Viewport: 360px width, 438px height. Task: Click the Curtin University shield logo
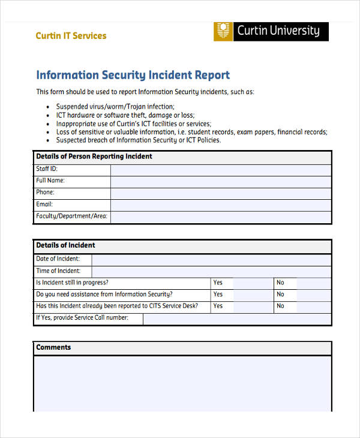[223, 32]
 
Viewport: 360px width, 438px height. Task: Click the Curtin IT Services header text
[71, 36]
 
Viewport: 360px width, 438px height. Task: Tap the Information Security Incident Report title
[133, 76]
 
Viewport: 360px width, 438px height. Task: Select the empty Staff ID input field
[220, 170]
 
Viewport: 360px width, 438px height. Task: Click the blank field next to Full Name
[220, 181]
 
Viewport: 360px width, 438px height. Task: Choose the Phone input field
[220, 193]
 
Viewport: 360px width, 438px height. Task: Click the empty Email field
[220, 205]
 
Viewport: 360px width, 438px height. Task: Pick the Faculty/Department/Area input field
[220, 217]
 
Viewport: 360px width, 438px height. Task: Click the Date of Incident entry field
[211, 260]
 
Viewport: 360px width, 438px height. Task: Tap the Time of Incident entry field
[211, 271]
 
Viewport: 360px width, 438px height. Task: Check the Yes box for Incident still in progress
[252, 283]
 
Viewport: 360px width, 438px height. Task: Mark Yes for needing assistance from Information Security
[252, 295]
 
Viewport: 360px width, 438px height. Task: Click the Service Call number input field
[237, 319]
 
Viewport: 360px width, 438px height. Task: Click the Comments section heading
[53, 347]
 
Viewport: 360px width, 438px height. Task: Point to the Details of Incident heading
[65, 245]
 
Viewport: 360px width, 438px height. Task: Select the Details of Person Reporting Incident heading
[94, 157]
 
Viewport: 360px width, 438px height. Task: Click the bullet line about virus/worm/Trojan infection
[115, 106]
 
